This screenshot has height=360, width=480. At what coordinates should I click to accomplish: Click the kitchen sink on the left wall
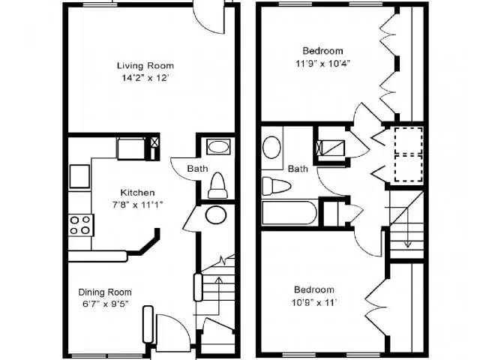(79, 176)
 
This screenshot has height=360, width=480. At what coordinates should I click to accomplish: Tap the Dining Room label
(105, 292)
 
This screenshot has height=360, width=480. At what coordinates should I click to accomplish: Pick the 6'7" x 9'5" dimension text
(105, 304)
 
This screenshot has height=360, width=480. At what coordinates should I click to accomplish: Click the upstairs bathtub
(289, 213)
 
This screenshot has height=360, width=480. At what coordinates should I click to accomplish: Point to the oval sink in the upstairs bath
(271, 146)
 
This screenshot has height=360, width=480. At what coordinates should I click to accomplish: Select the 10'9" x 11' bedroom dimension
(315, 302)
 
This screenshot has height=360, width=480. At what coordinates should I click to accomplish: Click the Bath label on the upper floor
(298, 169)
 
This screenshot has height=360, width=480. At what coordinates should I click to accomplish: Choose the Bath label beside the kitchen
(198, 169)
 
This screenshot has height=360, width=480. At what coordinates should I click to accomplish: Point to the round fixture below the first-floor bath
(217, 215)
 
